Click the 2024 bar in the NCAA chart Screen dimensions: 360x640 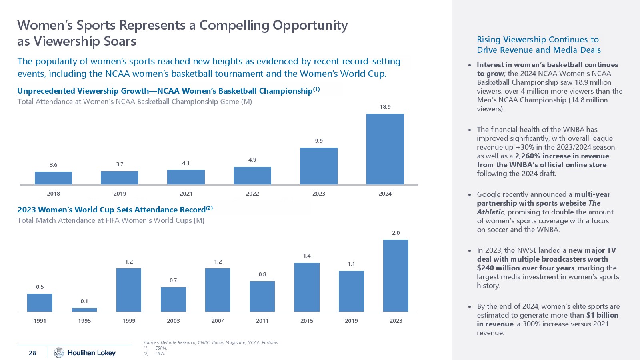coord(385,149)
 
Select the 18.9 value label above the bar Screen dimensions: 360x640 coord(385,107)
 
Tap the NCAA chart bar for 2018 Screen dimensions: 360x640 coord(53,178)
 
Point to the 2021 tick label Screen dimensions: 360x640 coord(186,194)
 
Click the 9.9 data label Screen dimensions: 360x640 coord(319,141)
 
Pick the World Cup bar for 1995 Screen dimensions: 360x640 coord(84,310)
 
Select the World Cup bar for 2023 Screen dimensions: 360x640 coord(396,276)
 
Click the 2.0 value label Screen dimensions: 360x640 coord(396,233)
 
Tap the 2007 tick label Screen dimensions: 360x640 coord(218,321)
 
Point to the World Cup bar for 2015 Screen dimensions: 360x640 coord(307,287)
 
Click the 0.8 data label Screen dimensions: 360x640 coord(262,274)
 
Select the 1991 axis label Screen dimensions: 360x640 coord(40,321)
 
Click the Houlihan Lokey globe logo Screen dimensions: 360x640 coord(59,352)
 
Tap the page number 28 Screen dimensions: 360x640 coord(32,353)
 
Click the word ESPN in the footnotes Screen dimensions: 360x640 coord(161,348)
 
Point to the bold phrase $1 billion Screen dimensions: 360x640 coord(602,315)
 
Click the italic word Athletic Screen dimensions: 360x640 coord(490,212)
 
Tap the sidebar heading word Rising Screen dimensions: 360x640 coord(488,40)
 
